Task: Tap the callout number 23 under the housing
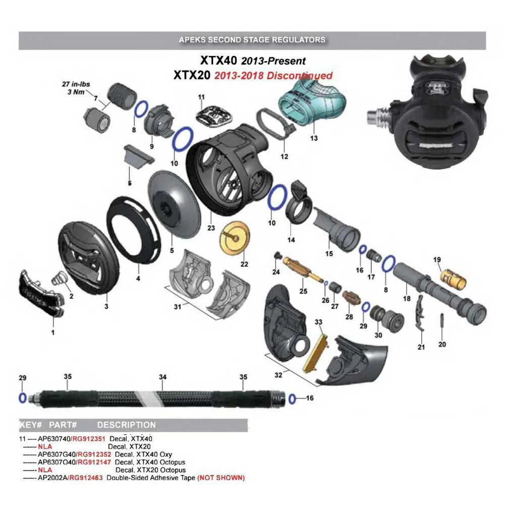click(211, 228)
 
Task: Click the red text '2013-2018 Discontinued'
click(273, 76)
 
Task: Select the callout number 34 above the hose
click(162, 377)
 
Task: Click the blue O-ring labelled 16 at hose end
click(292, 398)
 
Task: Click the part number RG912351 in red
click(89, 439)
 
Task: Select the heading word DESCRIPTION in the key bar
click(126, 425)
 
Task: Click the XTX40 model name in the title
click(219, 61)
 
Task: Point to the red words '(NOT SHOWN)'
click(221, 477)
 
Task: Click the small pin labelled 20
click(442, 321)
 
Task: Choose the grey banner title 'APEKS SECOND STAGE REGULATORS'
click(252, 39)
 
